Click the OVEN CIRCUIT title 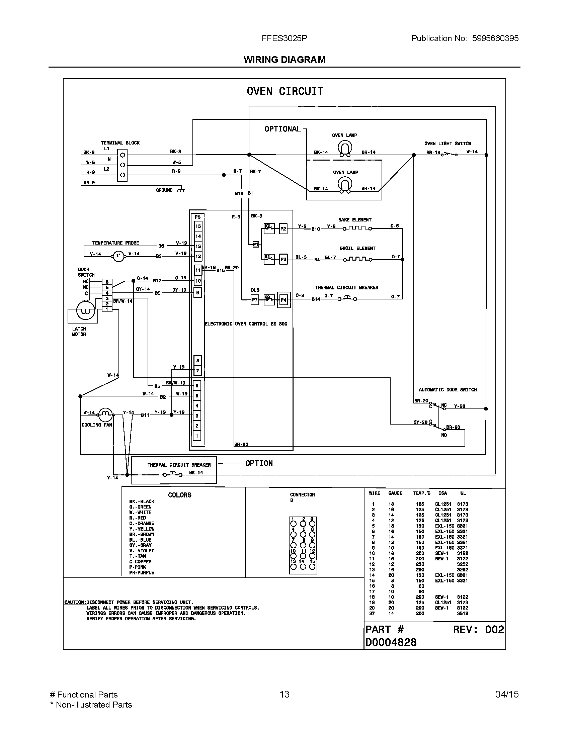[x=285, y=91]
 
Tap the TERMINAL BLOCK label [x=120, y=143]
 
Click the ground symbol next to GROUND [x=181, y=190]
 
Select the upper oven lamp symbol [x=344, y=148]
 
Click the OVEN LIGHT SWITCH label [x=448, y=144]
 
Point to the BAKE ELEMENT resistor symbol [x=357, y=228]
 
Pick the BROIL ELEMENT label [x=357, y=248]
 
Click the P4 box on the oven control [x=283, y=300]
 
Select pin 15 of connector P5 [x=198, y=226]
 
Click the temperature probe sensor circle [x=118, y=257]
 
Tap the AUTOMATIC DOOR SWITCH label [x=447, y=389]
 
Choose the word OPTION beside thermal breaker [x=259, y=463]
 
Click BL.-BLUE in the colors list [x=140, y=540]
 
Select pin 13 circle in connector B [x=293, y=566]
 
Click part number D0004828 [x=391, y=642]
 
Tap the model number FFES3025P [x=284, y=38]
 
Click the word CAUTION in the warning [x=75, y=602]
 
